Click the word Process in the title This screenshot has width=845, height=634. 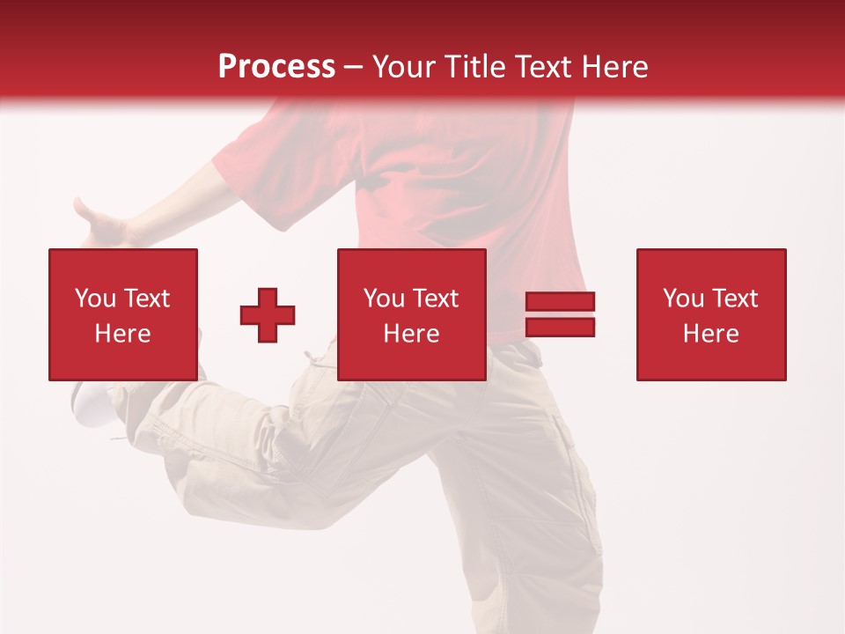click(x=276, y=66)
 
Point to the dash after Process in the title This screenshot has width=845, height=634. click(x=354, y=68)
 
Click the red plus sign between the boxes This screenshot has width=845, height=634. click(x=268, y=315)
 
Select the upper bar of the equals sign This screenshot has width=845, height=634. click(x=560, y=302)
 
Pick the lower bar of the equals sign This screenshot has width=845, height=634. click(x=560, y=328)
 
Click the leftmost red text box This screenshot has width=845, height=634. click(x=122, y=314)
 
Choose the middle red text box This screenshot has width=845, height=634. click(x=411, y=314)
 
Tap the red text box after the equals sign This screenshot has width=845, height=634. click(x=710, y=314)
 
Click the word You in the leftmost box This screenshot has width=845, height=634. click(x=95, y=299)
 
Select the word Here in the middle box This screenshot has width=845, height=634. click(x=411, y=334)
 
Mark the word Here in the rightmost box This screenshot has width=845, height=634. click(x=710, y=334)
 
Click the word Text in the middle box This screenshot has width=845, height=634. click(x=435, y=299)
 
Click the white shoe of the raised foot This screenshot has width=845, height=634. click(x=91, y=403)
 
